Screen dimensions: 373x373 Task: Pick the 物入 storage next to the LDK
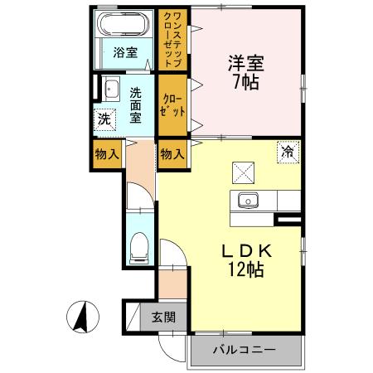(x=172, y=155)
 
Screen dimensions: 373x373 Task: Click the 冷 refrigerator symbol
(x=288, y=153)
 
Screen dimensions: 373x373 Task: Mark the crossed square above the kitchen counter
(x=245, y=171)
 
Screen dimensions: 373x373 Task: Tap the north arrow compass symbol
(x=83, y=318)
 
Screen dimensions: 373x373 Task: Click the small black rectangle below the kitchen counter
(x=290, y=220)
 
